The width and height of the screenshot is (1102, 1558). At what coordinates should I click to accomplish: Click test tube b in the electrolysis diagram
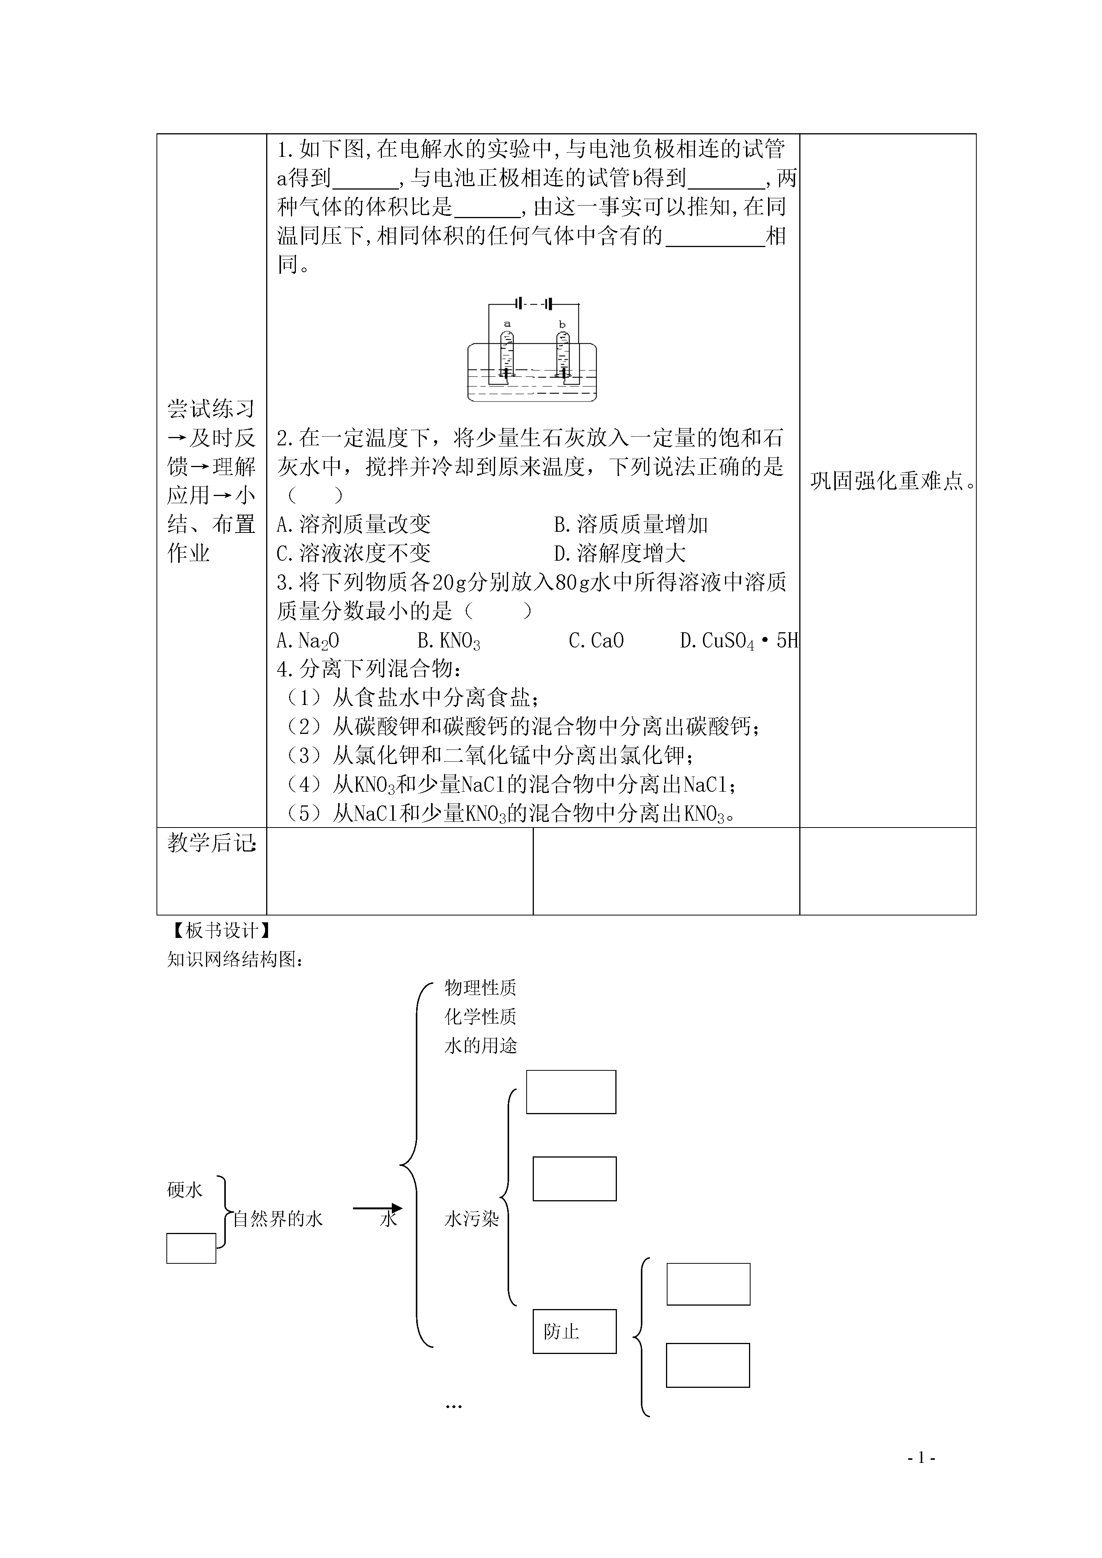coord(562,353)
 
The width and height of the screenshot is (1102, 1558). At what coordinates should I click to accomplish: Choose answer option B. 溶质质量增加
coord(631,525)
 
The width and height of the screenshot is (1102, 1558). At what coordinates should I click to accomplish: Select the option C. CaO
coord(596,641)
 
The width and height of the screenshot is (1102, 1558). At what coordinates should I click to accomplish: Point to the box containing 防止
coord(575,1332)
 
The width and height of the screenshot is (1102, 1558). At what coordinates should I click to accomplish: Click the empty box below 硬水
coord(192,1249)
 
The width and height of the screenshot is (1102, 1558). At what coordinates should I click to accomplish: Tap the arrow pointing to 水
coord(377,1209)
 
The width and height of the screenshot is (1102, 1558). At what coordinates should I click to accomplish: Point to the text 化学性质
coord(481,1016)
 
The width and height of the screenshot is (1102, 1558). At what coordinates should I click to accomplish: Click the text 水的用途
coord(481,1046)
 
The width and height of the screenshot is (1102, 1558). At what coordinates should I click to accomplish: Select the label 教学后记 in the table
coord(212,844)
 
